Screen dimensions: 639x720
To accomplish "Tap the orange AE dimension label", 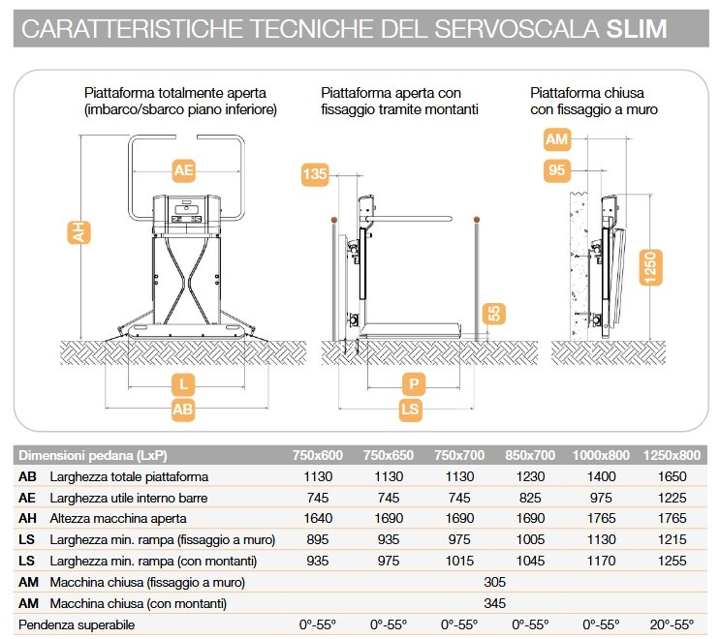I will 184,170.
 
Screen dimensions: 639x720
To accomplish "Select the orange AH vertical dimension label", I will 76,231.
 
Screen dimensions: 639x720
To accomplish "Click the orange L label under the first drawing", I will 183,383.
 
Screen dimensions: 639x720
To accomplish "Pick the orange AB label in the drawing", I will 183,410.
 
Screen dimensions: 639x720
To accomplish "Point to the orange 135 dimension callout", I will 314,175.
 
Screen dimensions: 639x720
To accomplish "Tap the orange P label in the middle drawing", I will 412,384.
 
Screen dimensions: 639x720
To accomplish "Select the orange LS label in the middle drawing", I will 412,410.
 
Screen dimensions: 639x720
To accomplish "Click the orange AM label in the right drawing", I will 556,139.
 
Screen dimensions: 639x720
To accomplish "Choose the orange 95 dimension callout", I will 556,170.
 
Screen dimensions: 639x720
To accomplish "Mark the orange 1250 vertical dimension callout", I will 651,266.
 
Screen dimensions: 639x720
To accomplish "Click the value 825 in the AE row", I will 529,498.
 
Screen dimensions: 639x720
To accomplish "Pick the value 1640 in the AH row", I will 318,518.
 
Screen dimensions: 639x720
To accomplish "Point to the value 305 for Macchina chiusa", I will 494,582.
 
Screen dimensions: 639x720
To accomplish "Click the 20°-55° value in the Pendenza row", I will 671,624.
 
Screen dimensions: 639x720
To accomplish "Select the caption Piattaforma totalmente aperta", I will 175,93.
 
